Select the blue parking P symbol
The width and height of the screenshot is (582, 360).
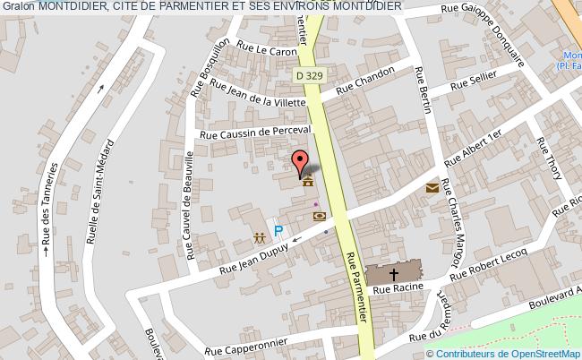point(278,231)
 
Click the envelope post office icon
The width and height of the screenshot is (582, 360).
point(433,188)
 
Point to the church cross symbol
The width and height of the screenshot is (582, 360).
point(394,274)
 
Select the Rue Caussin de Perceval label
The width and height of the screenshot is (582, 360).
point(255,133)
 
